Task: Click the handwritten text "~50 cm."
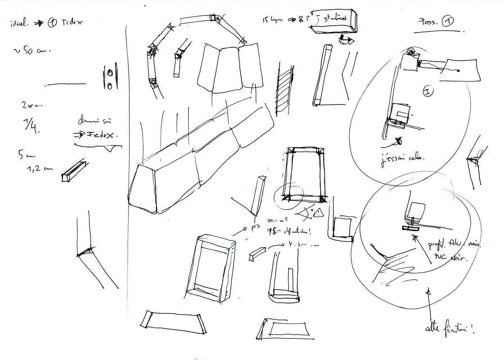tap(32, 51)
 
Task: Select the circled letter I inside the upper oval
tap(428, 91)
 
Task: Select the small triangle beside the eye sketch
tap(319, 214)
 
